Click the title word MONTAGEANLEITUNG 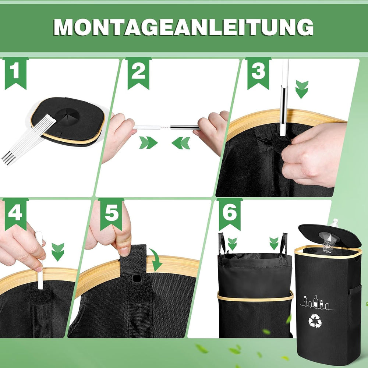point(184,26)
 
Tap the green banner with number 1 point(15,72)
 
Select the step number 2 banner point(138,72)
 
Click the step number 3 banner point(258,72)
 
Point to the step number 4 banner point(15,213)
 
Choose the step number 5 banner point(111,213)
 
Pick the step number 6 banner point(230,213)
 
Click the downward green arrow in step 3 point(302,89)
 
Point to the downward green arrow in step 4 point(58,252)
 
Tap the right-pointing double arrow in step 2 point(148,143)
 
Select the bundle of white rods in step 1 point(28,140)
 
